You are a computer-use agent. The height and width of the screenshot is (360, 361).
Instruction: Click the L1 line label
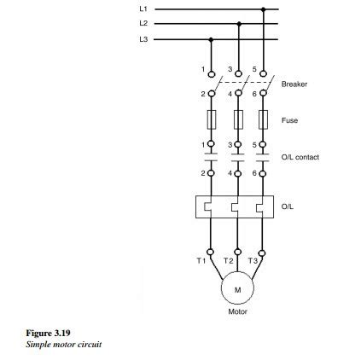[x=143, y=9]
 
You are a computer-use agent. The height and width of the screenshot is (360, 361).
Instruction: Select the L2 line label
[x=143, y=24]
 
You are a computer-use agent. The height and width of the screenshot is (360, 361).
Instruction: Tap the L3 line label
[x=143, y=38]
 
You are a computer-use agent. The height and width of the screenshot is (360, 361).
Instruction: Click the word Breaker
[x=294, y=84]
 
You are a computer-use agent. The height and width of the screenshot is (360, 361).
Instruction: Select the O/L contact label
[x=300, y=158]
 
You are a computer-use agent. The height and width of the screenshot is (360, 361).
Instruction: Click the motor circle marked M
[x=237, y=290]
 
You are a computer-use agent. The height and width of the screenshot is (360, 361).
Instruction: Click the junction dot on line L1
[x=264, y=9]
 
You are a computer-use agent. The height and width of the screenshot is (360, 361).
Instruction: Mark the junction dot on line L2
[x=238, y=24]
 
